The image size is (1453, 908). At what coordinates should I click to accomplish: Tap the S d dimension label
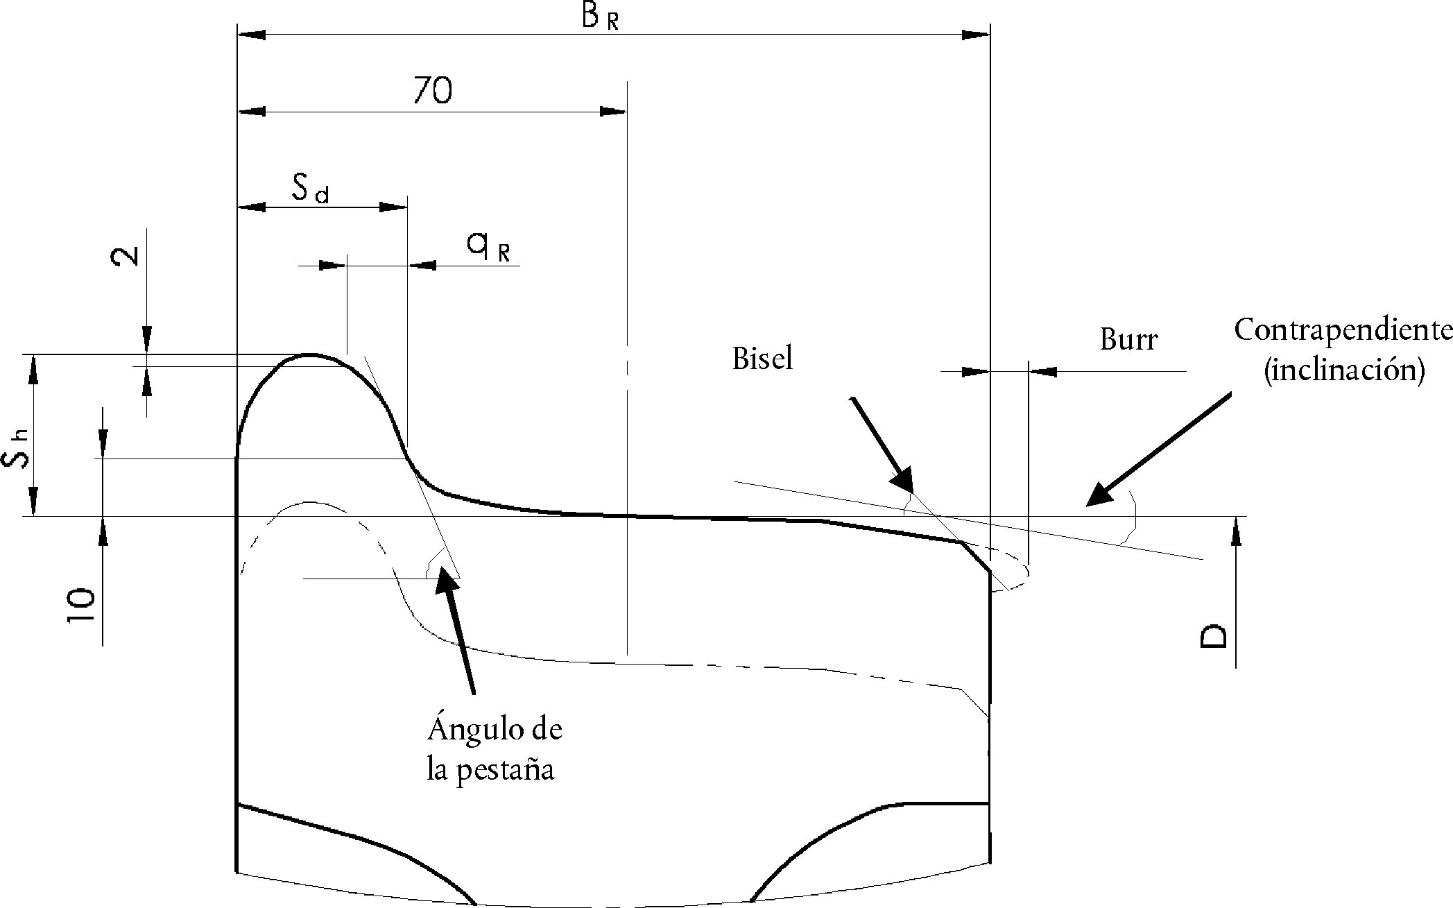pyautogui.click(x=310, y=189)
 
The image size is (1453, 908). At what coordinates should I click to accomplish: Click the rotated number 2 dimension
pyautogui.click(x=126, y=255)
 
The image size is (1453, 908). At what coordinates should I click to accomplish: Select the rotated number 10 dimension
pyautogui.click(x=81, y=605)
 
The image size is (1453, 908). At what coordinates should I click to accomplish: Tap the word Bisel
pyautogui.click(x=762, y=359)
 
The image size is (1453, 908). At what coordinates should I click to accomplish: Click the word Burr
pyautogui.click(x=1128, y=340)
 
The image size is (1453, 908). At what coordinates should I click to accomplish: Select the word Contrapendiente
pyautogui.click(x=1343, y=329)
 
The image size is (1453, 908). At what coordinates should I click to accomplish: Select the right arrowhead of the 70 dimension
pyautogui.click(x=613, y=111)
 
